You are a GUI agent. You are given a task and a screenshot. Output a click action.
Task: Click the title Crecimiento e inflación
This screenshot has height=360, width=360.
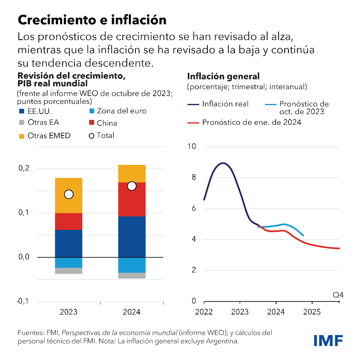pos(92,20)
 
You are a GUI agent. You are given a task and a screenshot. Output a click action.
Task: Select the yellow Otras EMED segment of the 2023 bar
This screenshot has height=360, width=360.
pos(69,196)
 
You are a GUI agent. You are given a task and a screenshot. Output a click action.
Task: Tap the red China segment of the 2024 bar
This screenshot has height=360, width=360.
pos(131,199)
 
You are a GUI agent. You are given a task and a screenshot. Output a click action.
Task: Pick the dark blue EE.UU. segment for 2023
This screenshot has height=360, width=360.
pos(69,243)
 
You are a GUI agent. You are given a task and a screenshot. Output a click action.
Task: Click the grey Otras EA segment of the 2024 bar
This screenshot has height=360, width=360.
pos(131,275)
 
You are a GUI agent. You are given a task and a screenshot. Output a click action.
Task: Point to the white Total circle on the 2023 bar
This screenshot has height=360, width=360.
pos(69,194)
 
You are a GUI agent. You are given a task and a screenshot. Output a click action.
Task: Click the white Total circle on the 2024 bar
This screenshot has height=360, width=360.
pos(131,186)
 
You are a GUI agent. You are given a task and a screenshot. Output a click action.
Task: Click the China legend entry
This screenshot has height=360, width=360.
pos(107,123)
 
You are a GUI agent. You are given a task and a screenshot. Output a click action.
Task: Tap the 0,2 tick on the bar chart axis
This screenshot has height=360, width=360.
pos(25,168)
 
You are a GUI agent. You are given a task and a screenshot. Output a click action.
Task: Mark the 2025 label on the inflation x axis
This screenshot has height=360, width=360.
pos(312,312)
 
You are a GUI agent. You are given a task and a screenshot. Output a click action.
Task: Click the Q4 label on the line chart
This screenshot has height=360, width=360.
pos(338,295)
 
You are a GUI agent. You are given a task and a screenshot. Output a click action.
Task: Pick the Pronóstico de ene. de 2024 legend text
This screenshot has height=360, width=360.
pos(252,122)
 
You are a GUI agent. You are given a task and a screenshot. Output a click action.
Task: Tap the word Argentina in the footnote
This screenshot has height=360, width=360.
pos(223,341)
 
